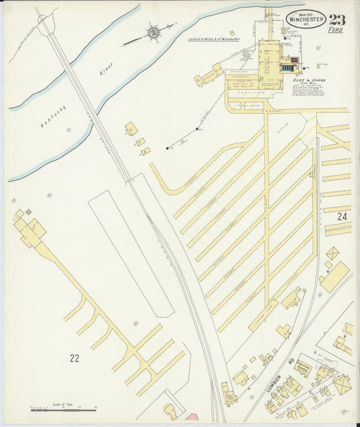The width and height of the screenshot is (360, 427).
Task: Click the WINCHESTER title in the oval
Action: point(305,20)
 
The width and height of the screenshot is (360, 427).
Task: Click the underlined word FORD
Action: point(336,30)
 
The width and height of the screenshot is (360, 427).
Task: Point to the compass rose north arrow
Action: point(153,32)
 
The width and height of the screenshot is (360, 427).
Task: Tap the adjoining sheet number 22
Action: point(74,357)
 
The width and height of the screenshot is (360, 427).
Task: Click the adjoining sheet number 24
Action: point(342,217)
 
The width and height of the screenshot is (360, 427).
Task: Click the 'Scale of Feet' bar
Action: point(63,409)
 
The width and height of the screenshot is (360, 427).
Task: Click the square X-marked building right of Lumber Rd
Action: point(342,384)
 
